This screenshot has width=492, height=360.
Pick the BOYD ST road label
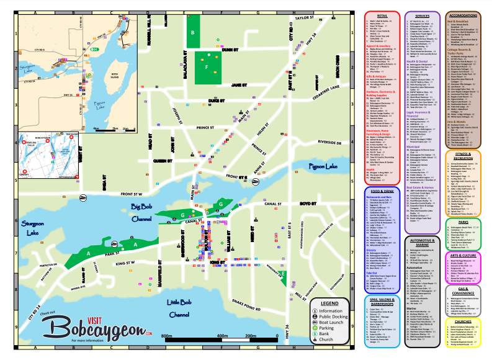(x=308, y=203)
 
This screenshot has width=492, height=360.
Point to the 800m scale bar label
(x=166, y=336)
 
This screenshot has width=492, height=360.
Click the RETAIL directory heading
(x=382, y=15)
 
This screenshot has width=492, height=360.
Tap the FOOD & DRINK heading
(x=382, y=191)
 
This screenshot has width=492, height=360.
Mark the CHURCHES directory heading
(x=462, y=322)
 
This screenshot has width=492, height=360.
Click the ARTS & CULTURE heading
(x=462, y=255)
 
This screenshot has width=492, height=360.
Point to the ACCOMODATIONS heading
(x=462, y=15)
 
